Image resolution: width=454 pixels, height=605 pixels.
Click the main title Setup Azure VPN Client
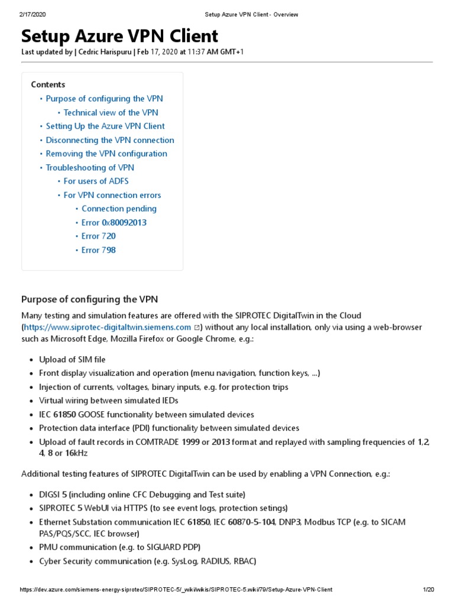(x=119, y=36)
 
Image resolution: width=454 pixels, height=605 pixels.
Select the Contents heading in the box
(x=48, y=84)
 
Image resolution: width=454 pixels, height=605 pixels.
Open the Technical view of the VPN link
(x=111, y=112)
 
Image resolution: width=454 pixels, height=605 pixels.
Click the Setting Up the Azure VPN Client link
(x=105, y=126)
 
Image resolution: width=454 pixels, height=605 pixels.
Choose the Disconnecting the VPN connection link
(x=110, y=140)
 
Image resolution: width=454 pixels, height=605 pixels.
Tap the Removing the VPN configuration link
(x=106, y=154)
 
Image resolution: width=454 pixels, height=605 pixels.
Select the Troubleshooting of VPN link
(x=90, y=168)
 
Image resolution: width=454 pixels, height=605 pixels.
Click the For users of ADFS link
(x=96, y=181)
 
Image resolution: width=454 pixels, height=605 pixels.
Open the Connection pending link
(x=119, y=209)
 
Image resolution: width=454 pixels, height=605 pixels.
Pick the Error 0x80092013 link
(x=113, y=223)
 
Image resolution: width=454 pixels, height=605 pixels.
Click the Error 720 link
(x=98, y=236)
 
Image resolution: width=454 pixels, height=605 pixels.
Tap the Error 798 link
(x=98, y=250)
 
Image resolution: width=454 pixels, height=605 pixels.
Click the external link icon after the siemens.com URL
(x=197, y=327)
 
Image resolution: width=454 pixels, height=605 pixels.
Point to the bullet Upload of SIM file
(x=72, y=359)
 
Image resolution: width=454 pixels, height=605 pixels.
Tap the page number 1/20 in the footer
(x=429, y=590)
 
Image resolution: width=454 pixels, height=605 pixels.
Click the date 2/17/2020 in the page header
(x=33, y=14)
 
